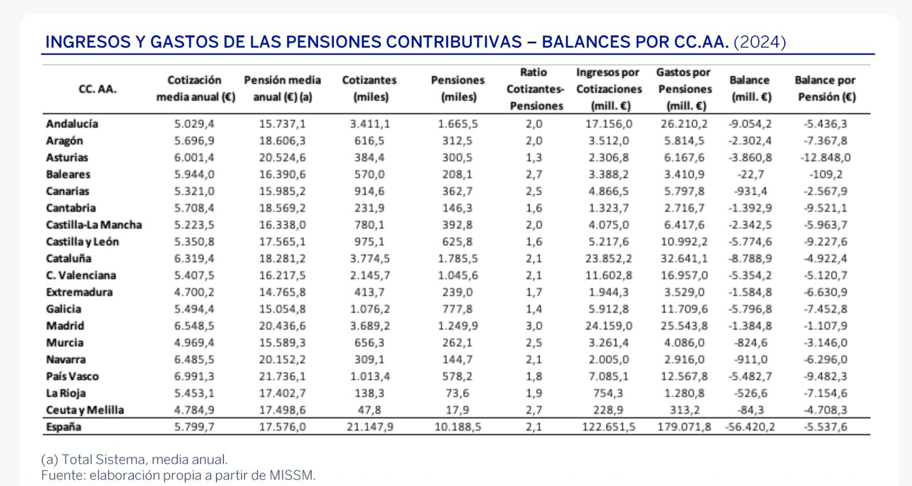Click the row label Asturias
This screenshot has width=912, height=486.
67,157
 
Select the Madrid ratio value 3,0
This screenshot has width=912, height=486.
535,326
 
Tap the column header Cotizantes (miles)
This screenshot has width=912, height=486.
369,88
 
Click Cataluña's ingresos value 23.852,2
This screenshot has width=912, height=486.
609,258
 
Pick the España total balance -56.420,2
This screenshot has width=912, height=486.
750,427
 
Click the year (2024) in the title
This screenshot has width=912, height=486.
760,42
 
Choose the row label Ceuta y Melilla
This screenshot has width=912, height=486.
85,410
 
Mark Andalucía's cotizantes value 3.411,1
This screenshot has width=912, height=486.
370,124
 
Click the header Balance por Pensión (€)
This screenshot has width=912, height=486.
825,88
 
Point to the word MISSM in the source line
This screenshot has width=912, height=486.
298,475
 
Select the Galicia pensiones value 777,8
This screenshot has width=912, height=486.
458,309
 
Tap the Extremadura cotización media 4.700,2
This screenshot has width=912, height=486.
195,292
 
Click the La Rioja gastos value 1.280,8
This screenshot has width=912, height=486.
684,393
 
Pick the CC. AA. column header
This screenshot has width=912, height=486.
97,89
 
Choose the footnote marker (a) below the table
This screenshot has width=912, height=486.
49,459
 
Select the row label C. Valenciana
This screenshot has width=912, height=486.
81,275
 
